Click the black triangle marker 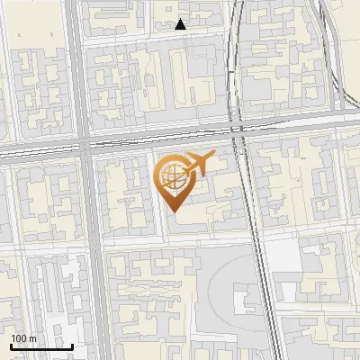[181, 24]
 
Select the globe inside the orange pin [173, 177]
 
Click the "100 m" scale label [23, 338]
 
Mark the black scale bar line [41, 346]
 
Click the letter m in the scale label [32, 338]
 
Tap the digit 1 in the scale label [13, 338]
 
